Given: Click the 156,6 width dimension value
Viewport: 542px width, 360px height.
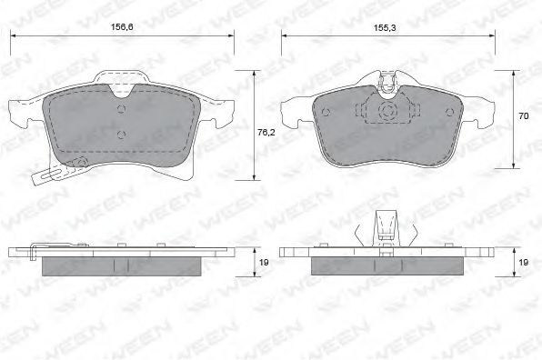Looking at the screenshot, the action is [122, 26].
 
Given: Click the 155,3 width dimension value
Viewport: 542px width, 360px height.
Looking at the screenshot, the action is [385, 28].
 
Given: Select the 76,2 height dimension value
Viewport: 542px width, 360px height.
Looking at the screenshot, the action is [266, 132].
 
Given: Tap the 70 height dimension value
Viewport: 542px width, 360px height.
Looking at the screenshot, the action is [523, 116].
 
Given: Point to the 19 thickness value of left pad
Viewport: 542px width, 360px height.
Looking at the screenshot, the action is [264, 263].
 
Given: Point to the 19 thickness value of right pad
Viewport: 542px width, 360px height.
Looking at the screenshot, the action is [523, 263].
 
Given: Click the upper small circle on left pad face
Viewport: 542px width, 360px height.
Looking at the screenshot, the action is [121, 109].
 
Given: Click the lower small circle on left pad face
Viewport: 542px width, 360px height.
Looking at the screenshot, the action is [121, 135].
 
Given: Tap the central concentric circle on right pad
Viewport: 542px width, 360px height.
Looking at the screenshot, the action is [387, 111].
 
